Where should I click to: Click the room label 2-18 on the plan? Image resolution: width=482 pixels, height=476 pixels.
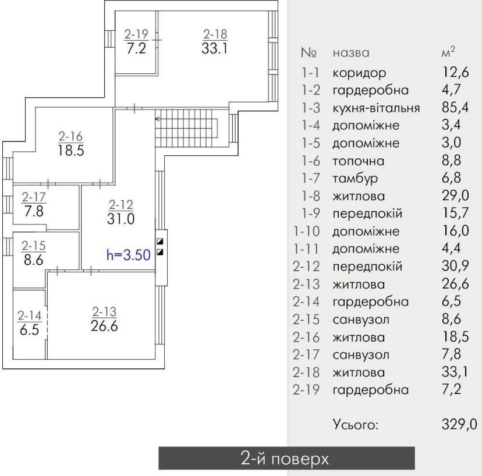tap(215, 34)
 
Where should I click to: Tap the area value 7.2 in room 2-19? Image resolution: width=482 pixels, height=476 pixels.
tap(136, 48)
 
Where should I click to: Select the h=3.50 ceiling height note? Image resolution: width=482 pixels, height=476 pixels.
tap(129, 255)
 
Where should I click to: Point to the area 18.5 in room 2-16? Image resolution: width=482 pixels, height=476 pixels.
tap(71, 151)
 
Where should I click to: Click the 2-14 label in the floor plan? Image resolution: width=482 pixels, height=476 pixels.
tap(30, 315)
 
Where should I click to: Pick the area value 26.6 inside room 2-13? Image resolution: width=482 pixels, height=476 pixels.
tap(105, 326)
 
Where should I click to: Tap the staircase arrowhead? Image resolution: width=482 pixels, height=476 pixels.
tap(157, 119)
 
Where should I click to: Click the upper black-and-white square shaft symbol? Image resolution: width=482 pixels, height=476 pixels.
tap(160, 241)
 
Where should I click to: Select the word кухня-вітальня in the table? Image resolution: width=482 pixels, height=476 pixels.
tap(376, 108)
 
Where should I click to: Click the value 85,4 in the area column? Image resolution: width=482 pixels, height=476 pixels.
tap(455, 107)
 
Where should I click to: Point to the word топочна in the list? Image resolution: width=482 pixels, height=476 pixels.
tap(359, 161)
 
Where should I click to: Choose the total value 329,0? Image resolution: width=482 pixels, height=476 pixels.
tap(459, 424)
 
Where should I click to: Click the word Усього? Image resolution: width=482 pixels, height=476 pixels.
tap(355, 425)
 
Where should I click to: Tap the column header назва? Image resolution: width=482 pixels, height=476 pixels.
tap(351, 53)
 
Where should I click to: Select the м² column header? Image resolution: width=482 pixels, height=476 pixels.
tap(448, 52)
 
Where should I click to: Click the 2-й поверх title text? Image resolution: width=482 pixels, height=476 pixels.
tap(285, 459)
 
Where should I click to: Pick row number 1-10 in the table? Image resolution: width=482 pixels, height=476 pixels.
tap(307, 231)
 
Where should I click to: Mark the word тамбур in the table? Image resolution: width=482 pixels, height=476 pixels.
tap(355, 179)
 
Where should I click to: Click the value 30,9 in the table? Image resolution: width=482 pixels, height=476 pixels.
tap(455, 266)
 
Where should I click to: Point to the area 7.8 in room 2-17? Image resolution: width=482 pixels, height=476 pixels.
tap(34, 211)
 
